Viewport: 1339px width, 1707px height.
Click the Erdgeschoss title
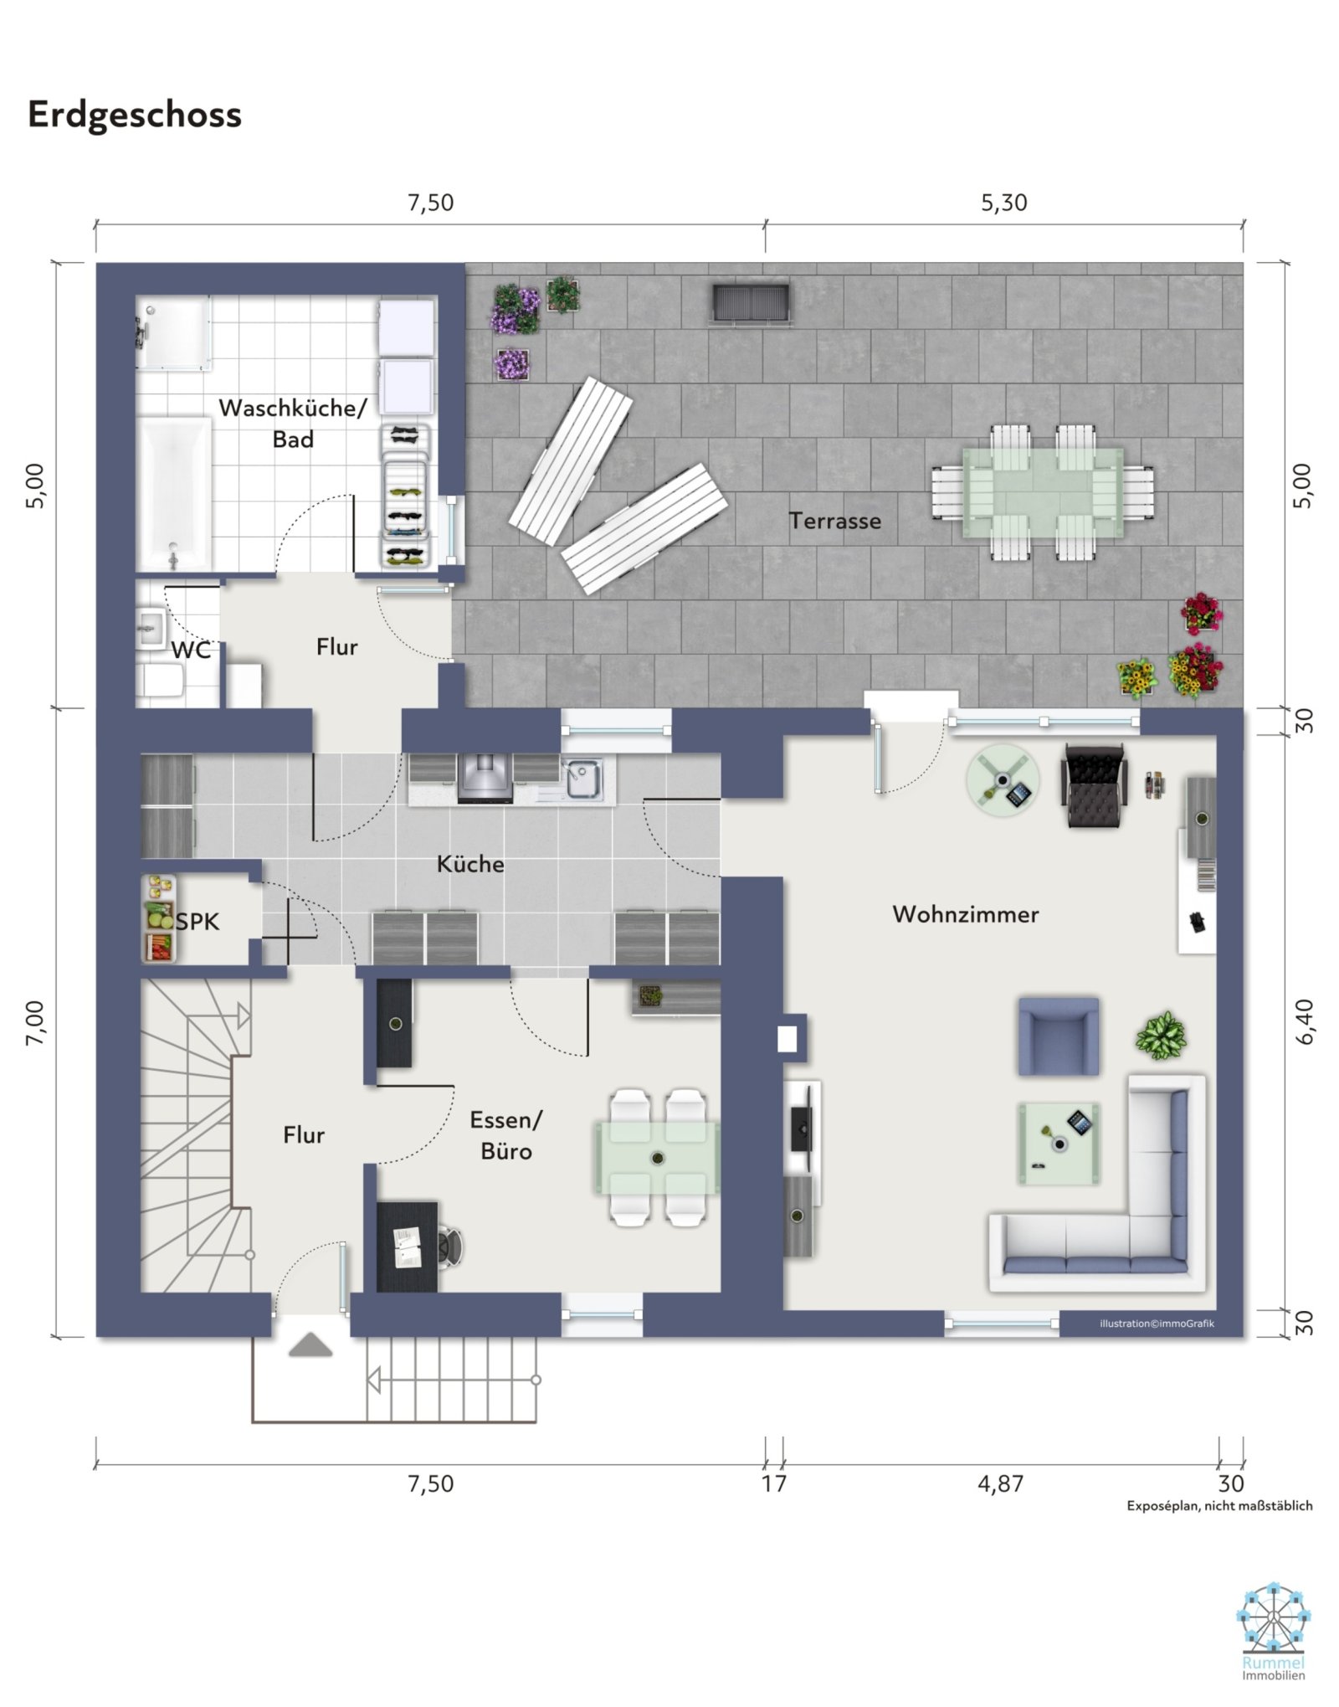[135, 115]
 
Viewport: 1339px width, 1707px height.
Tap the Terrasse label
[834, 521]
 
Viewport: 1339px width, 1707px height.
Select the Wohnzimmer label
[965, 913]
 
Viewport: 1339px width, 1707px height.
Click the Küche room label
[470, 864]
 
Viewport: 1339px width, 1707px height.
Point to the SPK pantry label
[198, 922]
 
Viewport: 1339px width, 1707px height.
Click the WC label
[191, 650]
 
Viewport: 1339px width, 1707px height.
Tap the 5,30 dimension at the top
[1003, 203]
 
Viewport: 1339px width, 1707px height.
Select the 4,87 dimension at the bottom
[1000, 1483]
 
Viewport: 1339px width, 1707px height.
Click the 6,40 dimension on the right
[1305, 1021]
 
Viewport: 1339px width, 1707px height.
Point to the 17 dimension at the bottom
[774, 1483]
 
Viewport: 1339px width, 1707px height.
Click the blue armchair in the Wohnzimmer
[1058, 1036]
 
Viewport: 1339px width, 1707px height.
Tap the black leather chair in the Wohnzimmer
[1093, 785]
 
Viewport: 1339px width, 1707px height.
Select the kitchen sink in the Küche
[582, 779]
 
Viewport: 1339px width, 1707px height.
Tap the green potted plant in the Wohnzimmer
[1161, 1036]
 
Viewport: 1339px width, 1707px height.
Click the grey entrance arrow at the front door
[310, 1345]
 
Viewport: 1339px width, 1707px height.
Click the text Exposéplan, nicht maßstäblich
[1219, 1506]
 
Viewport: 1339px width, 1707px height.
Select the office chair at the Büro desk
[449, 1247]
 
